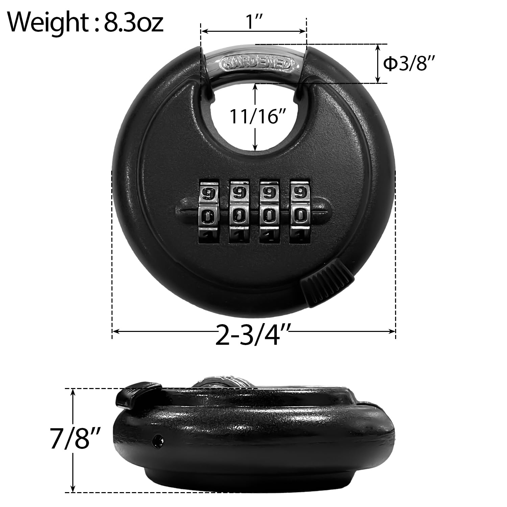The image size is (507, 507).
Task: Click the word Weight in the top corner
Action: tap(47, 22)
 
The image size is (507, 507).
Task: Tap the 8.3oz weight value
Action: tap(133, 22)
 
